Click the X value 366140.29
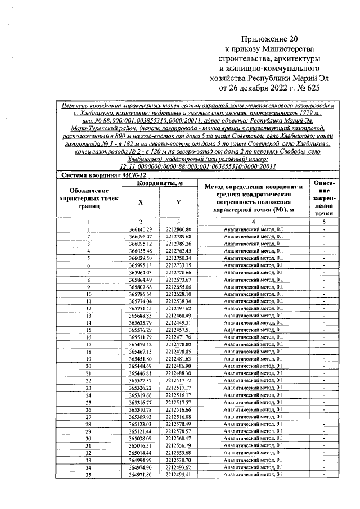point(141,229)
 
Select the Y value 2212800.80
point(179,229)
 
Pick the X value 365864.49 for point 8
point(141,280)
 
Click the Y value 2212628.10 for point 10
point(179,294)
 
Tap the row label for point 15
point(89,330)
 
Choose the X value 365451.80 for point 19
point(141,358)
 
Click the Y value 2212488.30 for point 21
point(179,373)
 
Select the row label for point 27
point(89,416)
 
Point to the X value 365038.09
point(141,438)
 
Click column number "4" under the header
point(254,222)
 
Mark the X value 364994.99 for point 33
point(141,460)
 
